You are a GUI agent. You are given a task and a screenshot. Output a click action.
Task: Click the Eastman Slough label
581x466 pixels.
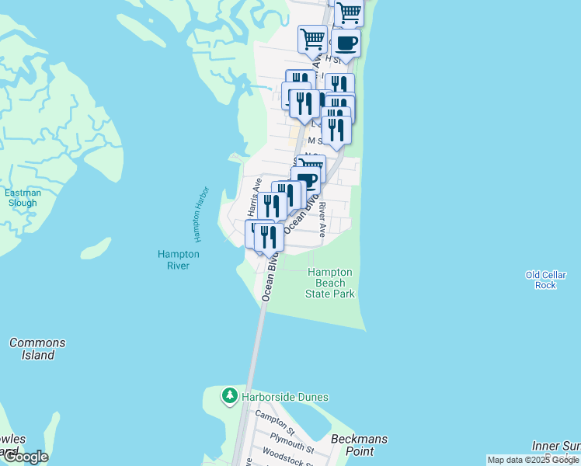21,198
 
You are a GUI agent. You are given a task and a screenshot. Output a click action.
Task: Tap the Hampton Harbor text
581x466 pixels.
201,213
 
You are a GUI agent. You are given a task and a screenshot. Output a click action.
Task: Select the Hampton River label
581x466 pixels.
179,259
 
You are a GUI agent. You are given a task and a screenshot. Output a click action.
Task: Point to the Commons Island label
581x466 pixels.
37,349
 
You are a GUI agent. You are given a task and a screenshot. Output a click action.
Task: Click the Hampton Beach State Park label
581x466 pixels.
330,283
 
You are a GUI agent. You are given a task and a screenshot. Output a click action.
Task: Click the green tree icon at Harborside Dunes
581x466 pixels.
229,397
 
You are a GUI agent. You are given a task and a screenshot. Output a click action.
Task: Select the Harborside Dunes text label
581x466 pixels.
285,397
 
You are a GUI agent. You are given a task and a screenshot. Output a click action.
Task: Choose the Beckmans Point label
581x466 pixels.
359,444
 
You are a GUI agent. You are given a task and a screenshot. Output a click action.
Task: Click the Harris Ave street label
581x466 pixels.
253,197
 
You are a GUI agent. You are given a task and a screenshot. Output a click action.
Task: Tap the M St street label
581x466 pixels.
315,141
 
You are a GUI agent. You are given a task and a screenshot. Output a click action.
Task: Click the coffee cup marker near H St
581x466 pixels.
346,42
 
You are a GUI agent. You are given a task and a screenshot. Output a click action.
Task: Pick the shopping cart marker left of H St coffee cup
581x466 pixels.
312,38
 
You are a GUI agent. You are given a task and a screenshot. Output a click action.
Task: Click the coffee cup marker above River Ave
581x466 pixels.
308,179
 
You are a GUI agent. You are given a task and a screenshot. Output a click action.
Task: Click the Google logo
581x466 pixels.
25,457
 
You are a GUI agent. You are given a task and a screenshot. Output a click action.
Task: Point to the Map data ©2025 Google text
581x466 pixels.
532,460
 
